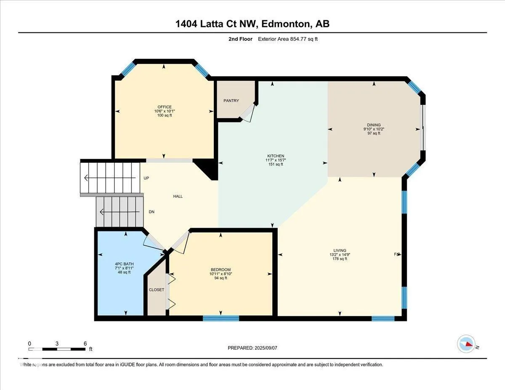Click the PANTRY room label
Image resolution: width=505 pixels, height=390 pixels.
click(231, 101)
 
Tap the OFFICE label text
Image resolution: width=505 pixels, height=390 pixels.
click(165, 107)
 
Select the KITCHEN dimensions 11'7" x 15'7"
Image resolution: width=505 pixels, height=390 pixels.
click(276, 160)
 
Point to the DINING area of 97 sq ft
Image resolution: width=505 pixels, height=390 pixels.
click(374, 133)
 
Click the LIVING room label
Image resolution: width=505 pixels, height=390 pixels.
click(340, 250)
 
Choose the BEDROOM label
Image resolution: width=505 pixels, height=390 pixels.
click(221, 270)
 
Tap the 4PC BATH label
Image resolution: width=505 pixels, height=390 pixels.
click(124, 264)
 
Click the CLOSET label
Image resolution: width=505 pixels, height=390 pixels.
click(157, 290)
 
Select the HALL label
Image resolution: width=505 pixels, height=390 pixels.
click(178, 196)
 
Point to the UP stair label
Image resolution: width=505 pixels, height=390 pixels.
click(146, 178)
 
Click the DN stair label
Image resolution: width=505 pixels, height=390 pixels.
click(151, 212)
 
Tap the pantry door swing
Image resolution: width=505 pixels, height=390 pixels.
click(248, 113)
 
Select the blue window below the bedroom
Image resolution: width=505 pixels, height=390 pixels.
click(221, 318)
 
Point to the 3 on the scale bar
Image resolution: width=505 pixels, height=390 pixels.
click(57, 344)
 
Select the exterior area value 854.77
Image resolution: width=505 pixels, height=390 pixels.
click(299, 39)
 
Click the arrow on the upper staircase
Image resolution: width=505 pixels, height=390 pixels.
click(110, 178)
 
